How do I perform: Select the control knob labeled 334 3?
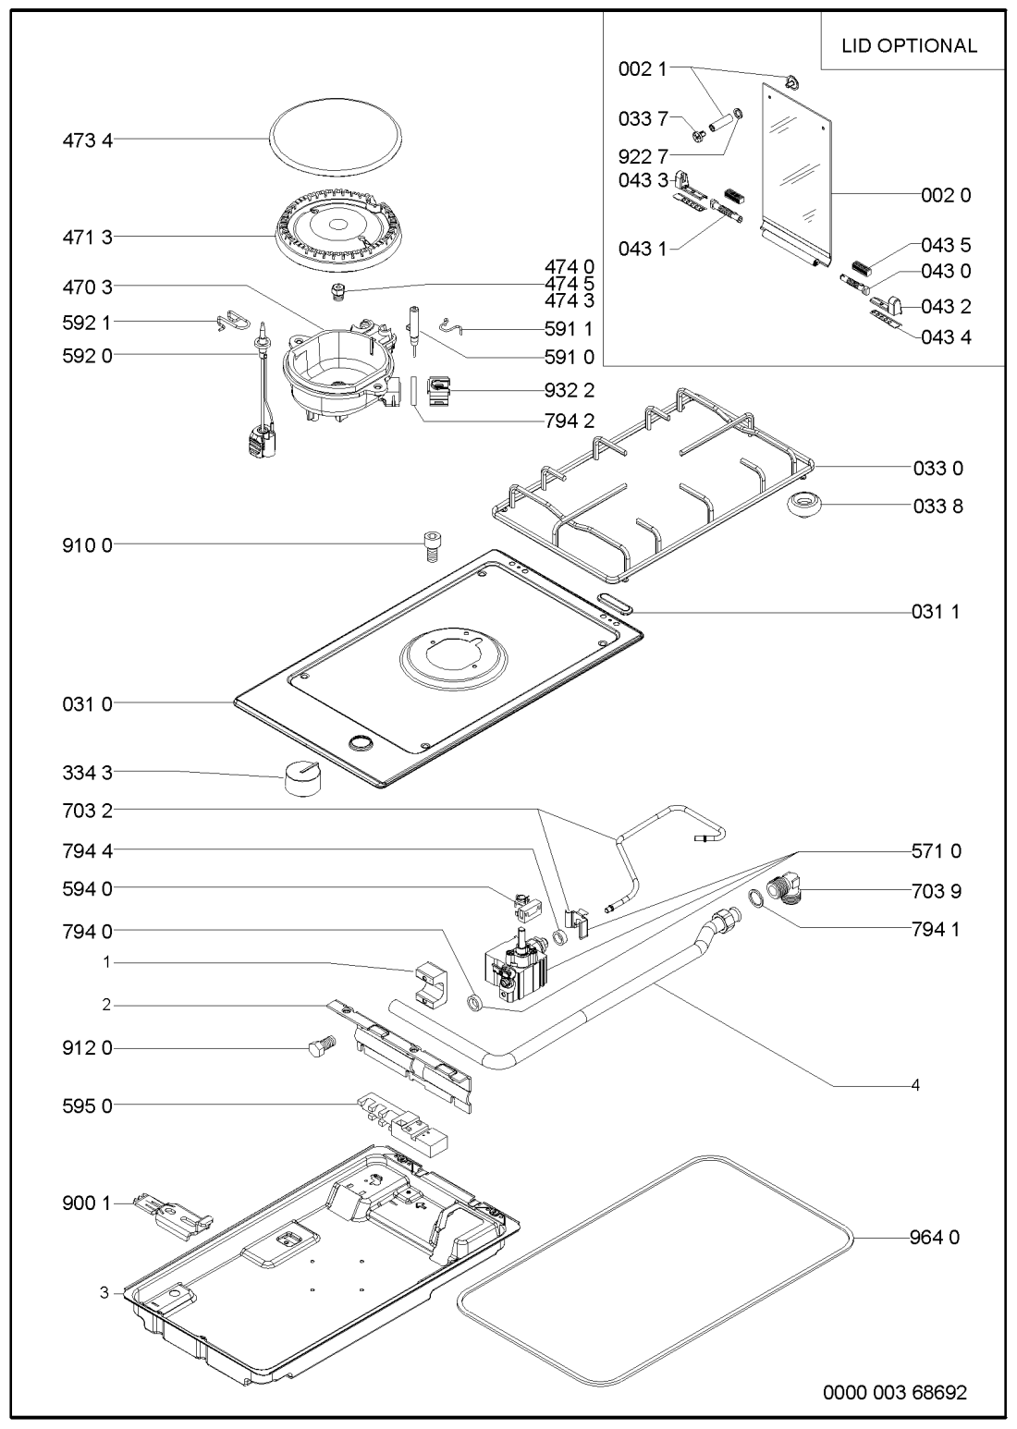click(304, 778)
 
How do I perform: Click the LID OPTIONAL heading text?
click(909, 45)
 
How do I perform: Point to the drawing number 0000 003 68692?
click(895, 1393)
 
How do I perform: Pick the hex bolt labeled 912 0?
click(318, 1047)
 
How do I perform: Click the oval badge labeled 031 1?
click(615, 605)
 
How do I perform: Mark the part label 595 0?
click(82, 1105)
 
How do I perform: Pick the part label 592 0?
click(82, 355)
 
